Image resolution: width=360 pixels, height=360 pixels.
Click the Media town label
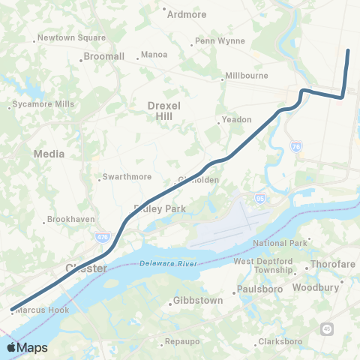(x=49, y=154)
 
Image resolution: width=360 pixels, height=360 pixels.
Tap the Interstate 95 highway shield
(x=260, y=199)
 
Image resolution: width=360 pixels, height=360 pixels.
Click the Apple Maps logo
(x=26, y=348)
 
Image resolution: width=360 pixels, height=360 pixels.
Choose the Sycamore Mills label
(x=43, y=104)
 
